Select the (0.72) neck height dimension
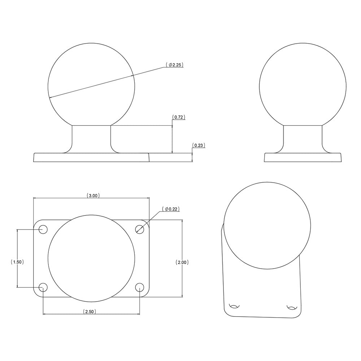[x=179, y=117]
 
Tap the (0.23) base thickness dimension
[x=199, y=145]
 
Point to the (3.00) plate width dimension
[x=93, y=195]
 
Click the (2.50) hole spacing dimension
[x=89, y=311]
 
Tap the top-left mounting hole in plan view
[x=43, y=229]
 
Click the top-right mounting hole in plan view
[x=140, y=229]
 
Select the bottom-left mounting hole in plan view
[x=43, y=287]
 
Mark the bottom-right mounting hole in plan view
[x=140, y=287]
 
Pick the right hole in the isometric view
[x=291, y=308]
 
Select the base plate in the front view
[x=91, y=158]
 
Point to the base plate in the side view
[x=303, y=157]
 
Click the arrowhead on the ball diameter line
[x=50, y=97]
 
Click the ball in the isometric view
[x=267, y=226]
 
